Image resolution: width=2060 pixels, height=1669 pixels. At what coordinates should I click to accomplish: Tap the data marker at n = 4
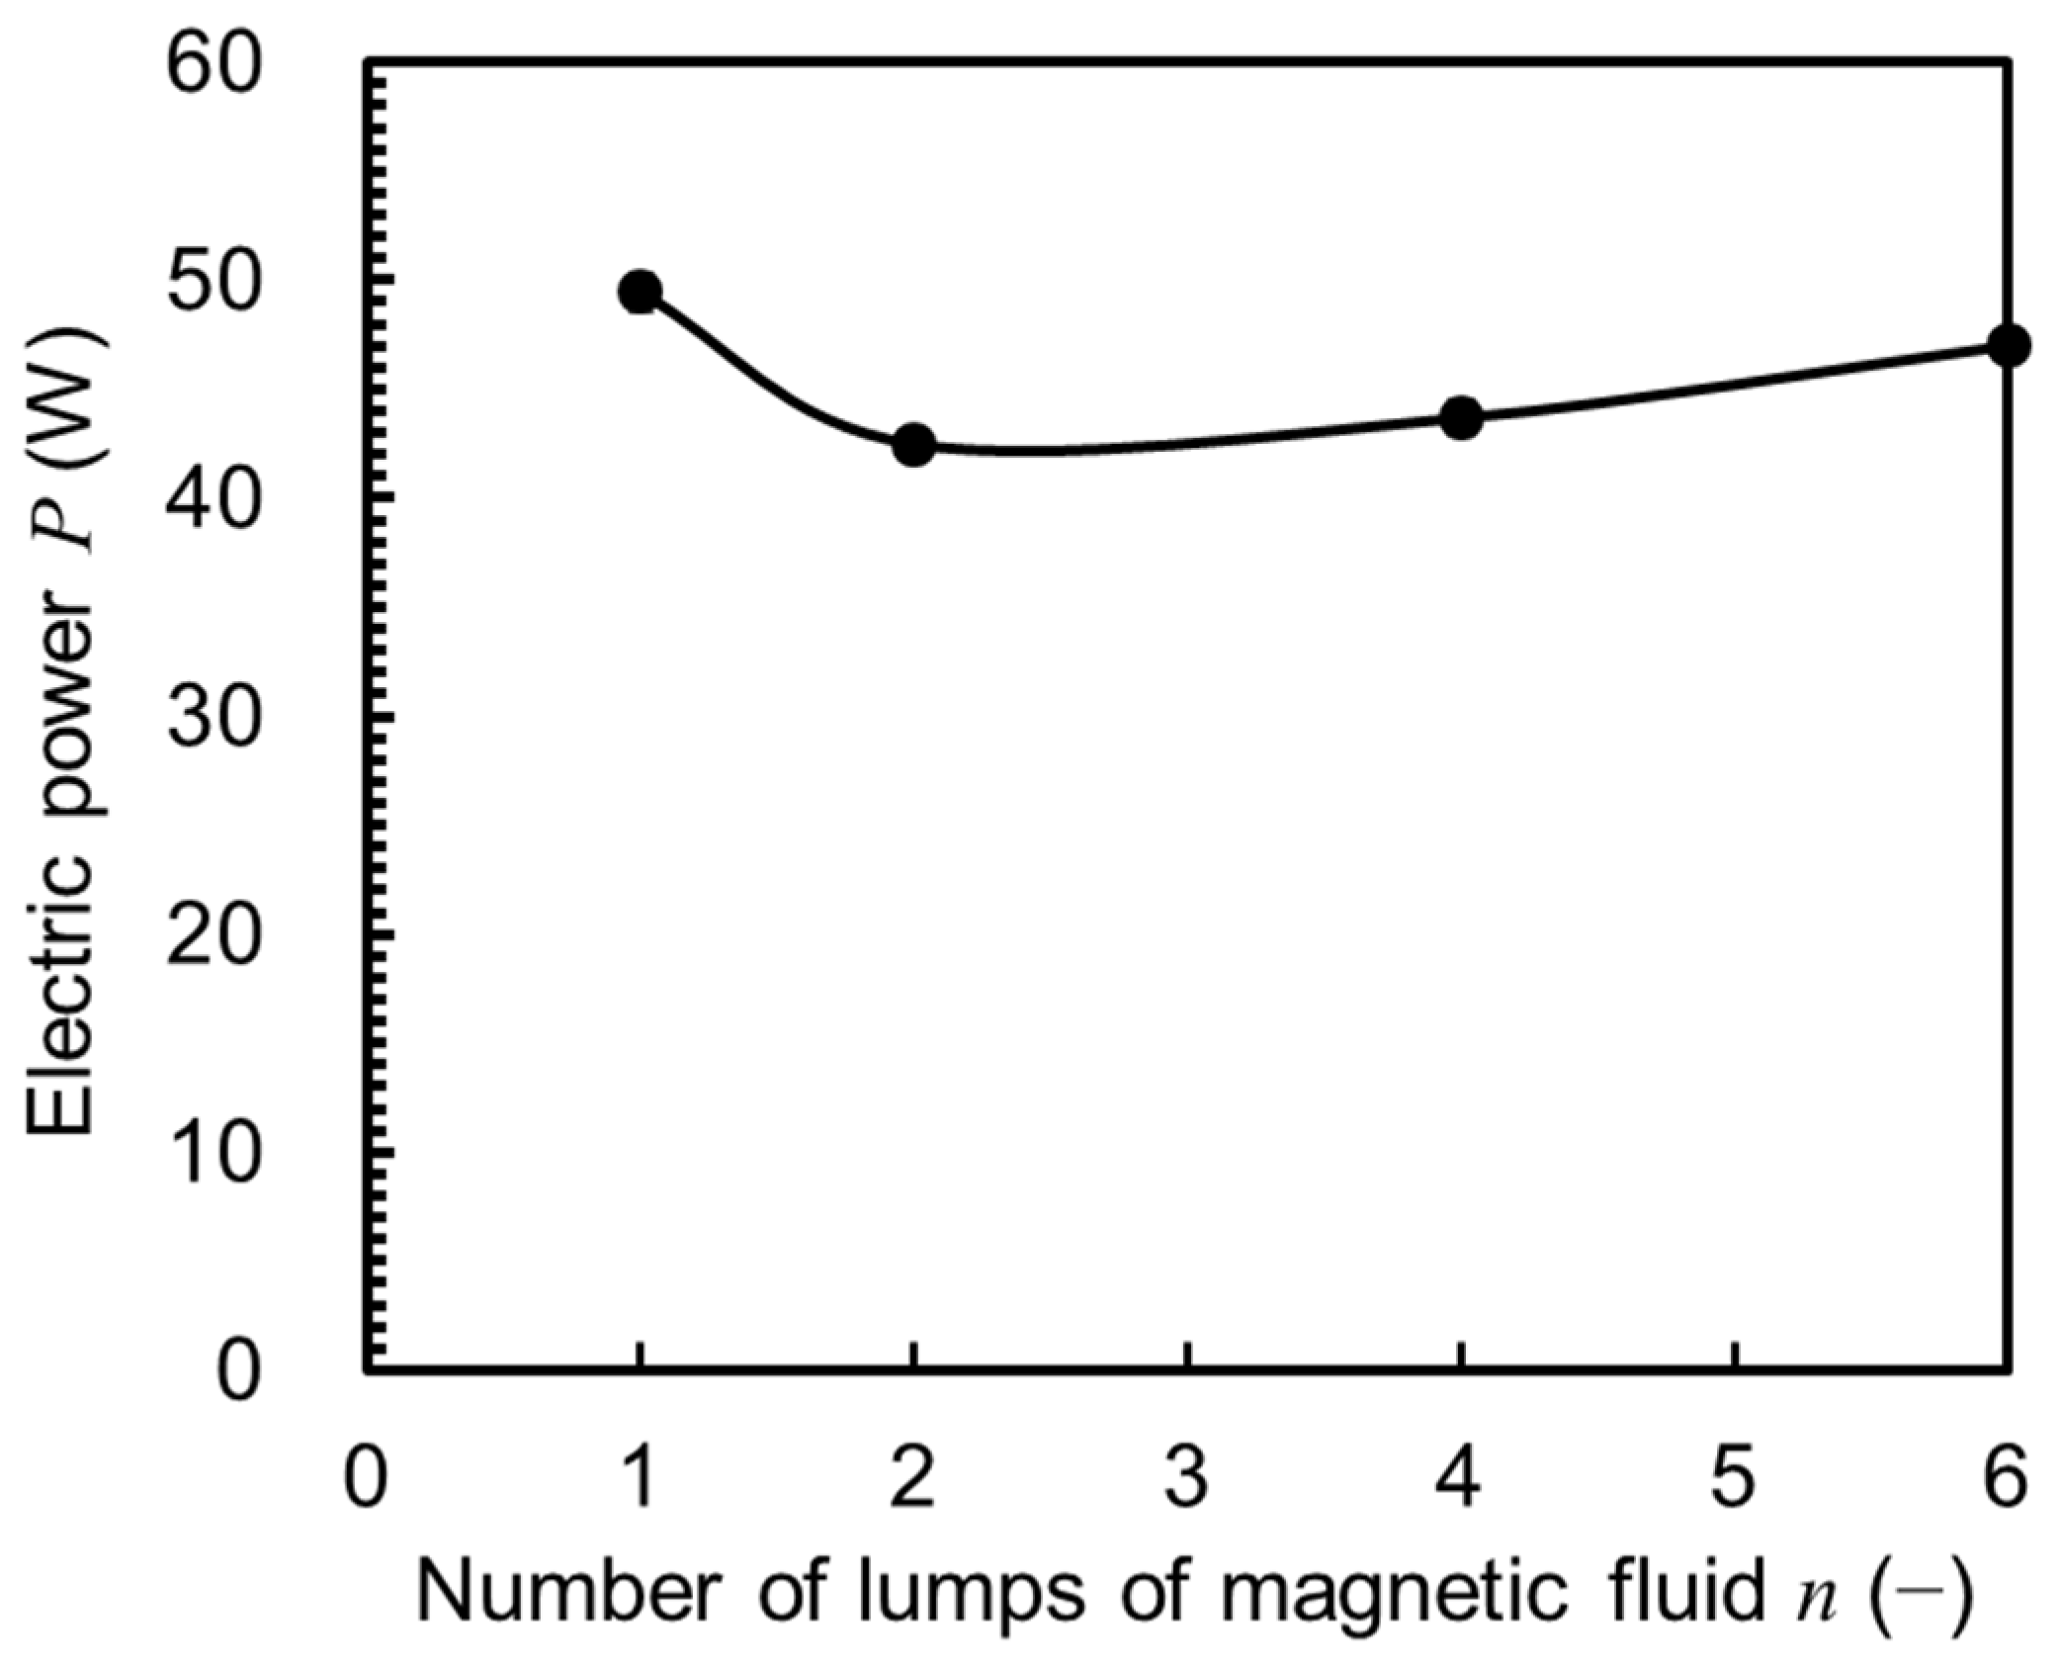(1461, 418)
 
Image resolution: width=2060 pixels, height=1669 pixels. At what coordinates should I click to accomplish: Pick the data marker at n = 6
(2008, 346)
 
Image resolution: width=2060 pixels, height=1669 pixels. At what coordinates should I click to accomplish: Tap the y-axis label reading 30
(214, 719)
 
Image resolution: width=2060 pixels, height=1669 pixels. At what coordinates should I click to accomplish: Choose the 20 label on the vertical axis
(214, 936)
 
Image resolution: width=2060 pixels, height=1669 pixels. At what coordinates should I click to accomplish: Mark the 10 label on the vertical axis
(214, 1154)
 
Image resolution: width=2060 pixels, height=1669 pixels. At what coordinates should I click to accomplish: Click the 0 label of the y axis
(237, 1371)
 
